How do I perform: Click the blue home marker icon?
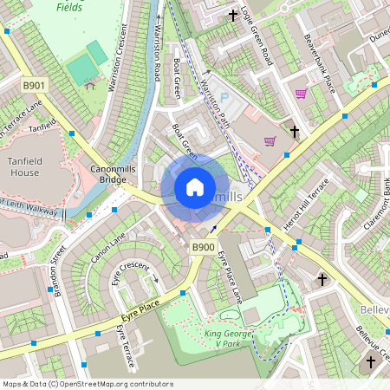pos(195,187)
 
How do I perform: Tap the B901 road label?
pos(34,84)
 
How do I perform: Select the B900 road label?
pos(203,248)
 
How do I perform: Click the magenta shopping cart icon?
pos(301,94)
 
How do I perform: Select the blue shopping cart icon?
pos(270,140)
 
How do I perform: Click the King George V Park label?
pos(228,337)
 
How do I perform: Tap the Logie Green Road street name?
pos(257,35)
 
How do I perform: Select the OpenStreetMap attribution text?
pos(87,384)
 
